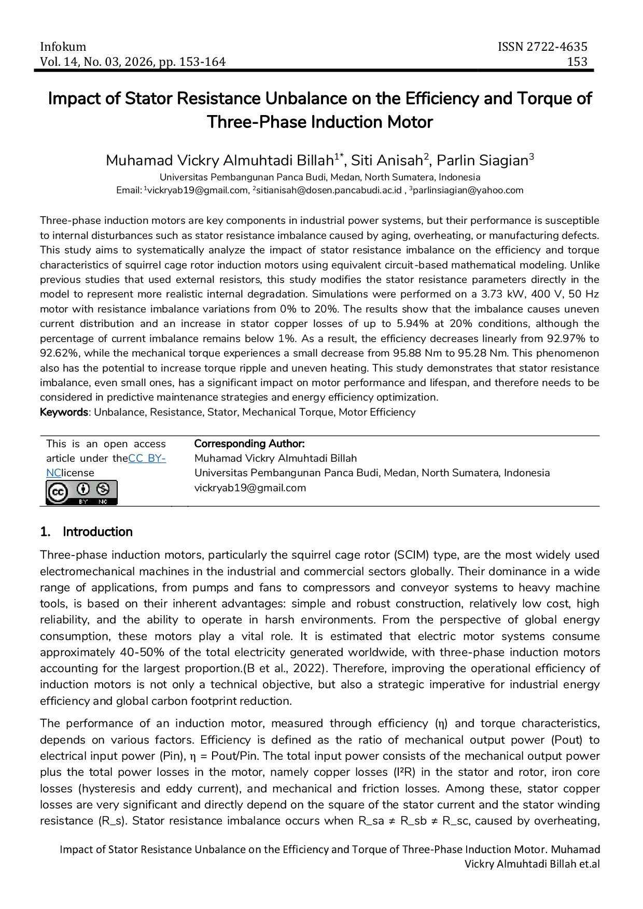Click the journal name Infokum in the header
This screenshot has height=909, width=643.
point(63,47)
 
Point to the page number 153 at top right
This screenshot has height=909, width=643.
point(577,62)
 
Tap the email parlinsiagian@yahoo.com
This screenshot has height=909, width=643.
point(467,190)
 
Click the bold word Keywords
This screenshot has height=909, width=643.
point(64,413)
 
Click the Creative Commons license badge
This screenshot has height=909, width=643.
point(81,492)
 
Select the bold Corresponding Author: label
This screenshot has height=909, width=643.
point(249,444)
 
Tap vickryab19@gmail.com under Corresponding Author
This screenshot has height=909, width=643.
point(250,488)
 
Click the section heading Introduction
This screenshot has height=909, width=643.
point(97,532)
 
